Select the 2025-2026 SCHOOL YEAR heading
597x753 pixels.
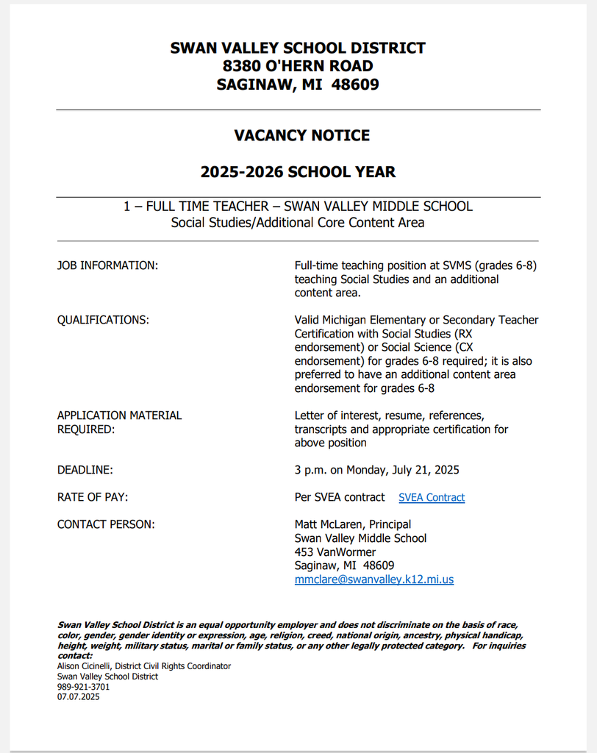pos(298,172)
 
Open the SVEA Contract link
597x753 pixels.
pos(432,498)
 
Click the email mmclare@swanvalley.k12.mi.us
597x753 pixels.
pos(373,579)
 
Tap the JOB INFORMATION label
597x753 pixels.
pos(107,265)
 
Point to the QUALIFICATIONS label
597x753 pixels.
pos(103,320)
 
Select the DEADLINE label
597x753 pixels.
pos(85,470)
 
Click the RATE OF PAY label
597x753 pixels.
pos(93,497)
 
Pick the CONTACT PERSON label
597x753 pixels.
pos(106,524)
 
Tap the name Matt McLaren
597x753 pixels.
pos(327,524)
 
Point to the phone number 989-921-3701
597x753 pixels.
pos(83,687)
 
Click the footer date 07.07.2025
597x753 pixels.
pos(78,696)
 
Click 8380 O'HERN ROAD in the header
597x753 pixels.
pos(298,66)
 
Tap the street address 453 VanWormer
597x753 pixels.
pos(335,552)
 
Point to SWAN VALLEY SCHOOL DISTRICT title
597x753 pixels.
pos(298,49)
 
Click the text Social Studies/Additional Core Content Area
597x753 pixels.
pos(298,222)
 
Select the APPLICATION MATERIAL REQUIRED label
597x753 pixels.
pos(119,422)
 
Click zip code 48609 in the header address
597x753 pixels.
pos(355,85)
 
